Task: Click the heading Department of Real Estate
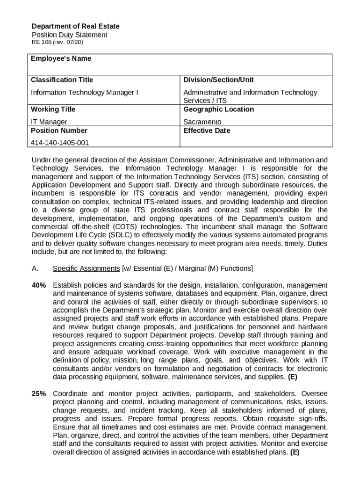75,26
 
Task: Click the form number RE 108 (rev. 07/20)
58,43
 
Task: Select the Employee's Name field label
61,59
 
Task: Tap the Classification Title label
62,80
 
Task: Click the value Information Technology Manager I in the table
84,93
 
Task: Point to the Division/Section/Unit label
218,80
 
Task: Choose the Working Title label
53,109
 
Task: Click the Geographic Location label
218,109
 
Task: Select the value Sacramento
202,122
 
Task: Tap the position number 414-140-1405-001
59,143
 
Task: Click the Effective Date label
206,131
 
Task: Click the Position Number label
59,131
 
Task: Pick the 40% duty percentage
39,285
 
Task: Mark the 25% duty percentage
39,394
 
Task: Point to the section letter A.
35,269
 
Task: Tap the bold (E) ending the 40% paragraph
292,377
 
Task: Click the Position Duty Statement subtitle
69,35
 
